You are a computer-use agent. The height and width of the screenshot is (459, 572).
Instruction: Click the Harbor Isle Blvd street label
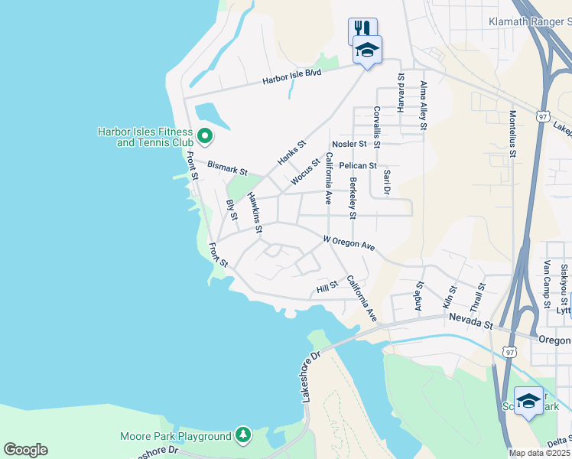coord(291,76)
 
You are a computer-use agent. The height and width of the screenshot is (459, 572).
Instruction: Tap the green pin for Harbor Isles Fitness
coord(204,136)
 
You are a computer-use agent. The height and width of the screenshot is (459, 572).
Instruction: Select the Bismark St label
coord(228,168)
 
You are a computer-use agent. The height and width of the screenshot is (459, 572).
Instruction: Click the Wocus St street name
coord(305,172)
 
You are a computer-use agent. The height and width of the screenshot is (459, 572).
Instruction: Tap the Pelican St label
coord(357,165)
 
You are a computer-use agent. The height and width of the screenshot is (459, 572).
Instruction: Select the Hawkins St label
coord(254,213)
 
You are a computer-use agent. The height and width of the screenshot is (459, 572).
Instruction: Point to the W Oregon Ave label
coord(349,243)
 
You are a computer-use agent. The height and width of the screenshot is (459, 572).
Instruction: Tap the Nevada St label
coord(470,322)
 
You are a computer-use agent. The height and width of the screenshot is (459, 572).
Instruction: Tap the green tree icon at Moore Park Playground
coord(243,435)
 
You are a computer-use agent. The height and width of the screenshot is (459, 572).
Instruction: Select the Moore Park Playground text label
coord(175,437)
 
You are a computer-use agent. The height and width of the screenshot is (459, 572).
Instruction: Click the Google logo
coord(25,450)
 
